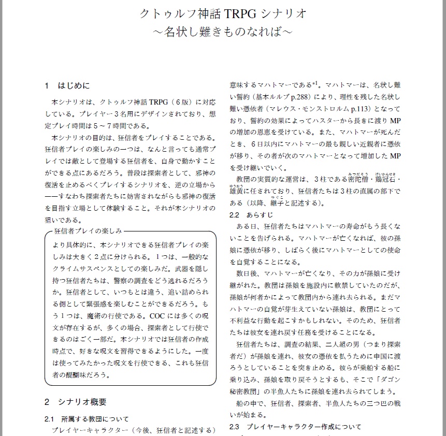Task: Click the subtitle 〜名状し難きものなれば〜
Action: click(223, 32)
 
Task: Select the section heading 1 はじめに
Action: click(67, 85)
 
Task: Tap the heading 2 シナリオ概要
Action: click(75, 401)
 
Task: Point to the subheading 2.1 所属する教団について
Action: click(87, 418)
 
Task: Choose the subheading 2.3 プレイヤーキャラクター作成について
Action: click(295, 427)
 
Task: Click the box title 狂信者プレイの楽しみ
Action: click(88, 231)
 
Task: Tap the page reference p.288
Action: click(300, 96)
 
